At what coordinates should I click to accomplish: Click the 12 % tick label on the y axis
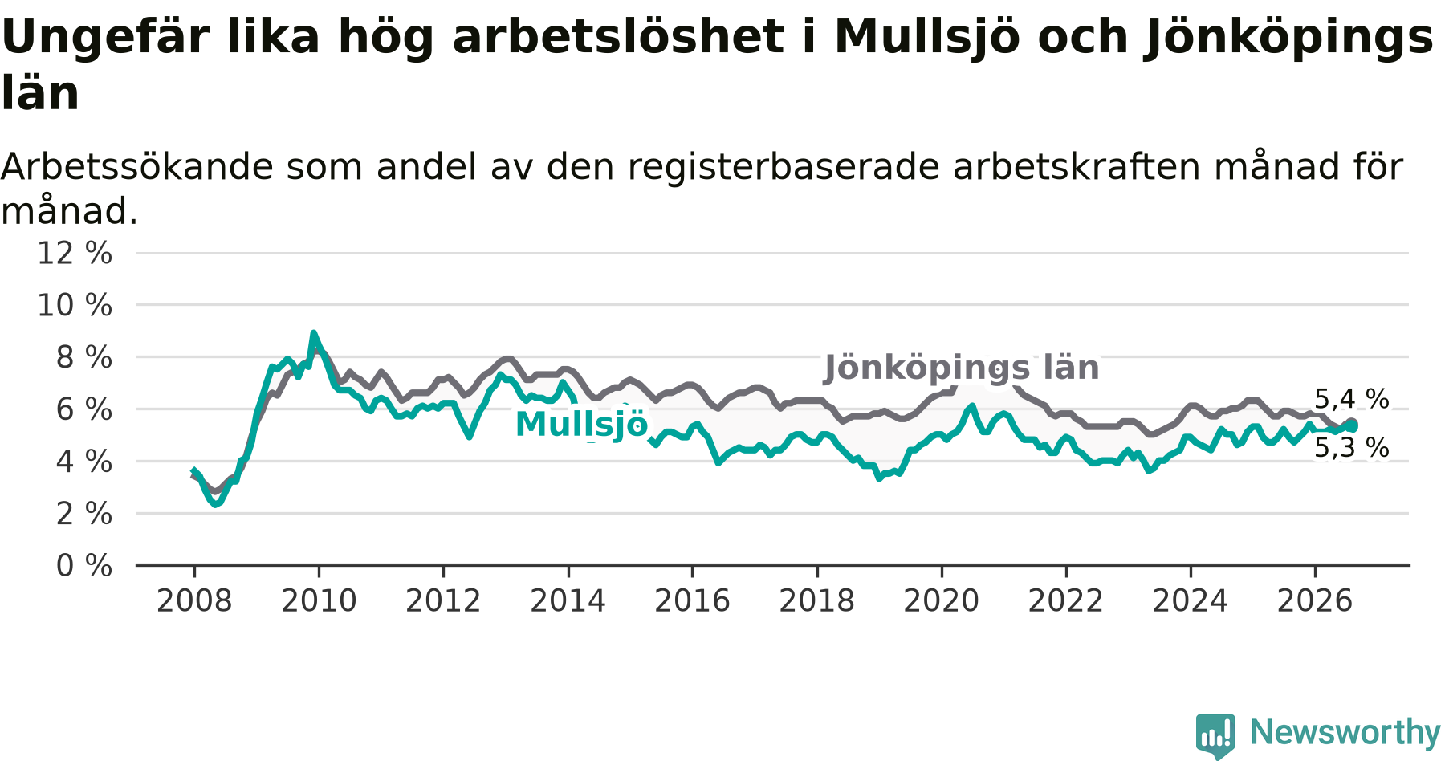coord(75,253)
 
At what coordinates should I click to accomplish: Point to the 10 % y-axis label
coord(75,305)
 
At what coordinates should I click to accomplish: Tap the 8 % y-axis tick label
coord(83,357)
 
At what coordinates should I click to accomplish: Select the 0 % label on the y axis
coord(83,566)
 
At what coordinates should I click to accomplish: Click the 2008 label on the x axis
coord(194,600)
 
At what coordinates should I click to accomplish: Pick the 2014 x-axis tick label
coord(568,600)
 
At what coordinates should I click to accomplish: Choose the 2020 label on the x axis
coord(942,600)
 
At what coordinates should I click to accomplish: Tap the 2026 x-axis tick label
coord(1315,600)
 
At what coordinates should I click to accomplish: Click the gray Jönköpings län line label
coord(962,368)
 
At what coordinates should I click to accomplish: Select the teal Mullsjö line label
coord(581,424)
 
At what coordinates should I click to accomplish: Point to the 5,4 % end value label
coord(1352,399)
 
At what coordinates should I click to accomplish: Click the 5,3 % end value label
coord(1352,448)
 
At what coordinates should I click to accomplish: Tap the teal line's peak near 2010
coord(314,333)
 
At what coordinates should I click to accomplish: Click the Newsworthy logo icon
coord(1215,735)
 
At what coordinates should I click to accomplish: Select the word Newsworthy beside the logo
coord(1345,732)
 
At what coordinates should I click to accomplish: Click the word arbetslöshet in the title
coord(618,37)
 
